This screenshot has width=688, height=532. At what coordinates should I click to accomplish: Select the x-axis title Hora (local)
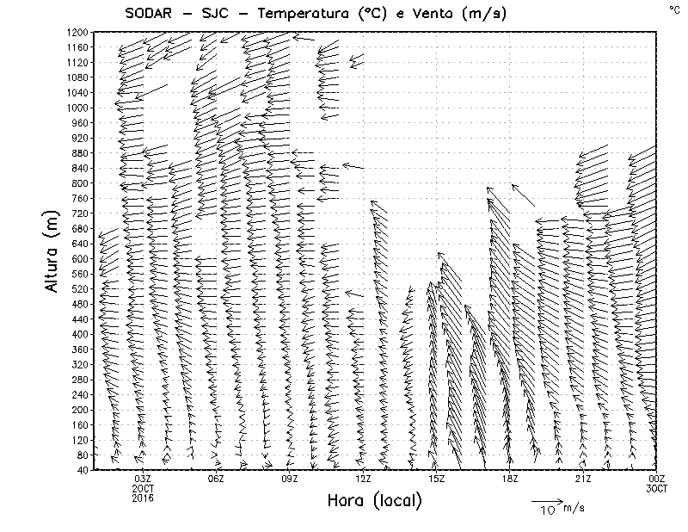(x=374, y=500)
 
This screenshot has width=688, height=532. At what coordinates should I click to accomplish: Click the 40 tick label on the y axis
(x=83, y=470)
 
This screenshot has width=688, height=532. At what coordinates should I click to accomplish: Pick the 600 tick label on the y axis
(x=80, y=258)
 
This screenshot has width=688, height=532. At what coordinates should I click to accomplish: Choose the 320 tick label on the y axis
(x=80, y=364)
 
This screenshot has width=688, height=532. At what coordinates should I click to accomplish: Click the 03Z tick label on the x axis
(x=143, y=479)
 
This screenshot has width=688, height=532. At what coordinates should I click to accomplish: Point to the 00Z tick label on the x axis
(x=656, y=479)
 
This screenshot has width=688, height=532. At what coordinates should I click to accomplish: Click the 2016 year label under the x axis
(x=143, y=497)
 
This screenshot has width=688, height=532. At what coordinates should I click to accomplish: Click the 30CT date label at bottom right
(x=656, y=488)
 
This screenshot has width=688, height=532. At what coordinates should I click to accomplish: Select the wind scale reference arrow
(x=545, y=500)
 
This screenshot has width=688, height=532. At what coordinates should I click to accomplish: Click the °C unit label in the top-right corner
(x=673, y=9)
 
